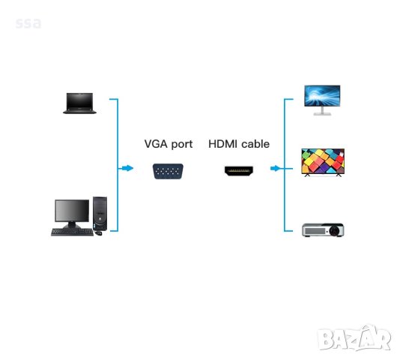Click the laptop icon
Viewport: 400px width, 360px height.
pos(79,103)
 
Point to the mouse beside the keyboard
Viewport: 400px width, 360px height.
pos(98,232)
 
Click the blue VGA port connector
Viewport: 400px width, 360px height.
pos(168,171)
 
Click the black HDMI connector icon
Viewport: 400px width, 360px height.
pos(238,171)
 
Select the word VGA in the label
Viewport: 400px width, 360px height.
pos(156,144)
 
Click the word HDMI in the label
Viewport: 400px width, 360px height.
pos(223,144)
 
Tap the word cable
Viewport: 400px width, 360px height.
pos(255,144)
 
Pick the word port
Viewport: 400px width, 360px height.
pos(181,144)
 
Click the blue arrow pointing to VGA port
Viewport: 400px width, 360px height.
pos(127,169)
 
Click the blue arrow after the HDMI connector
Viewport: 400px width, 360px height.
pos(275,169)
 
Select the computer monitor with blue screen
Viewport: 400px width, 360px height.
pos(321,97)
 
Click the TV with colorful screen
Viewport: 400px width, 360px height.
pos(322,161)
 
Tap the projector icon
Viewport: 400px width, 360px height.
pos(322,229)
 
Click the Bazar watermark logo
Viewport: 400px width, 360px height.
pos(354,339)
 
